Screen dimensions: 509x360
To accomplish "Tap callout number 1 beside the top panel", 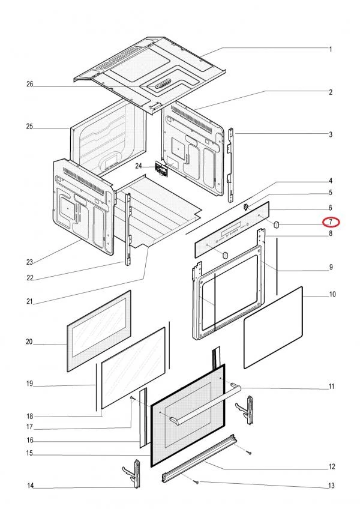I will click(331, 48).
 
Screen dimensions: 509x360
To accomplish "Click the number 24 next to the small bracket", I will click(139, 166).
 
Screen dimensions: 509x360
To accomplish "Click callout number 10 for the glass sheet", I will click(332, 295).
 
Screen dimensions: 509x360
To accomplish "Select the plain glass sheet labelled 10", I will click(273, 327).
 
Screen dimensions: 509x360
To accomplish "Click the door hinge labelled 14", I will click(133, 472).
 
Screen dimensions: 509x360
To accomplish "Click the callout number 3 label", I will click(331, 134).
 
